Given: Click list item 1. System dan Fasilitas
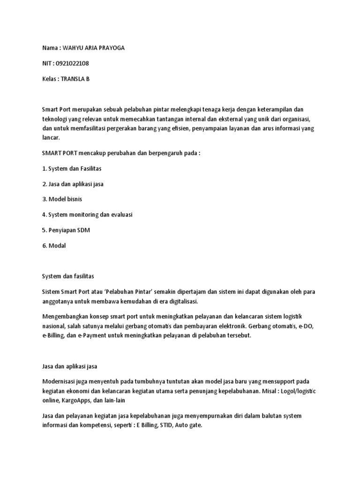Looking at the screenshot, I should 72,169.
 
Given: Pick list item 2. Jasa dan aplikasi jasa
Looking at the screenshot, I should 73,184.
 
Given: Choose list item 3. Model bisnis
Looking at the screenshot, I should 62,199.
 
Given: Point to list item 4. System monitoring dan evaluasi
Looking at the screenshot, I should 88,214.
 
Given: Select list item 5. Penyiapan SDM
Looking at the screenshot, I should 66,230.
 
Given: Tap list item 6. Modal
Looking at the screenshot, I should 54,245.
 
